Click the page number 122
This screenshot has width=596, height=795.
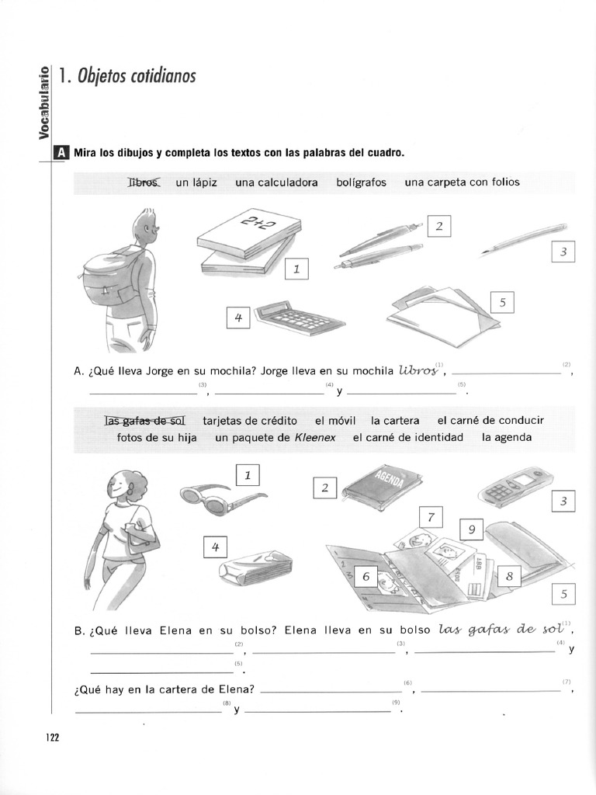pyautogui.click(x=53, y=738)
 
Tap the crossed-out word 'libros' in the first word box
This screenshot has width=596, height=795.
pyautogui.click(x=143, y=182)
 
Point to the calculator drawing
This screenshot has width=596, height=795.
pyautogui.click(x=299, y=318)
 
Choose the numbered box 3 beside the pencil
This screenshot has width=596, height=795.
pyautogui.click(x=563, y=252)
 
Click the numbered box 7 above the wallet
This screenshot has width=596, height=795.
pyautogui.click(x=430, y=517)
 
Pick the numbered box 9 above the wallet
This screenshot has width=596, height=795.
pyautogui.click(x=472, y=530)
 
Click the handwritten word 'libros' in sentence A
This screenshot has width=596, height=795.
pyautogui.click(x=420, y=371)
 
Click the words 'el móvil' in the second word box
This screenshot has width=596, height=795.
pyautogui.click(x=335, y=421)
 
